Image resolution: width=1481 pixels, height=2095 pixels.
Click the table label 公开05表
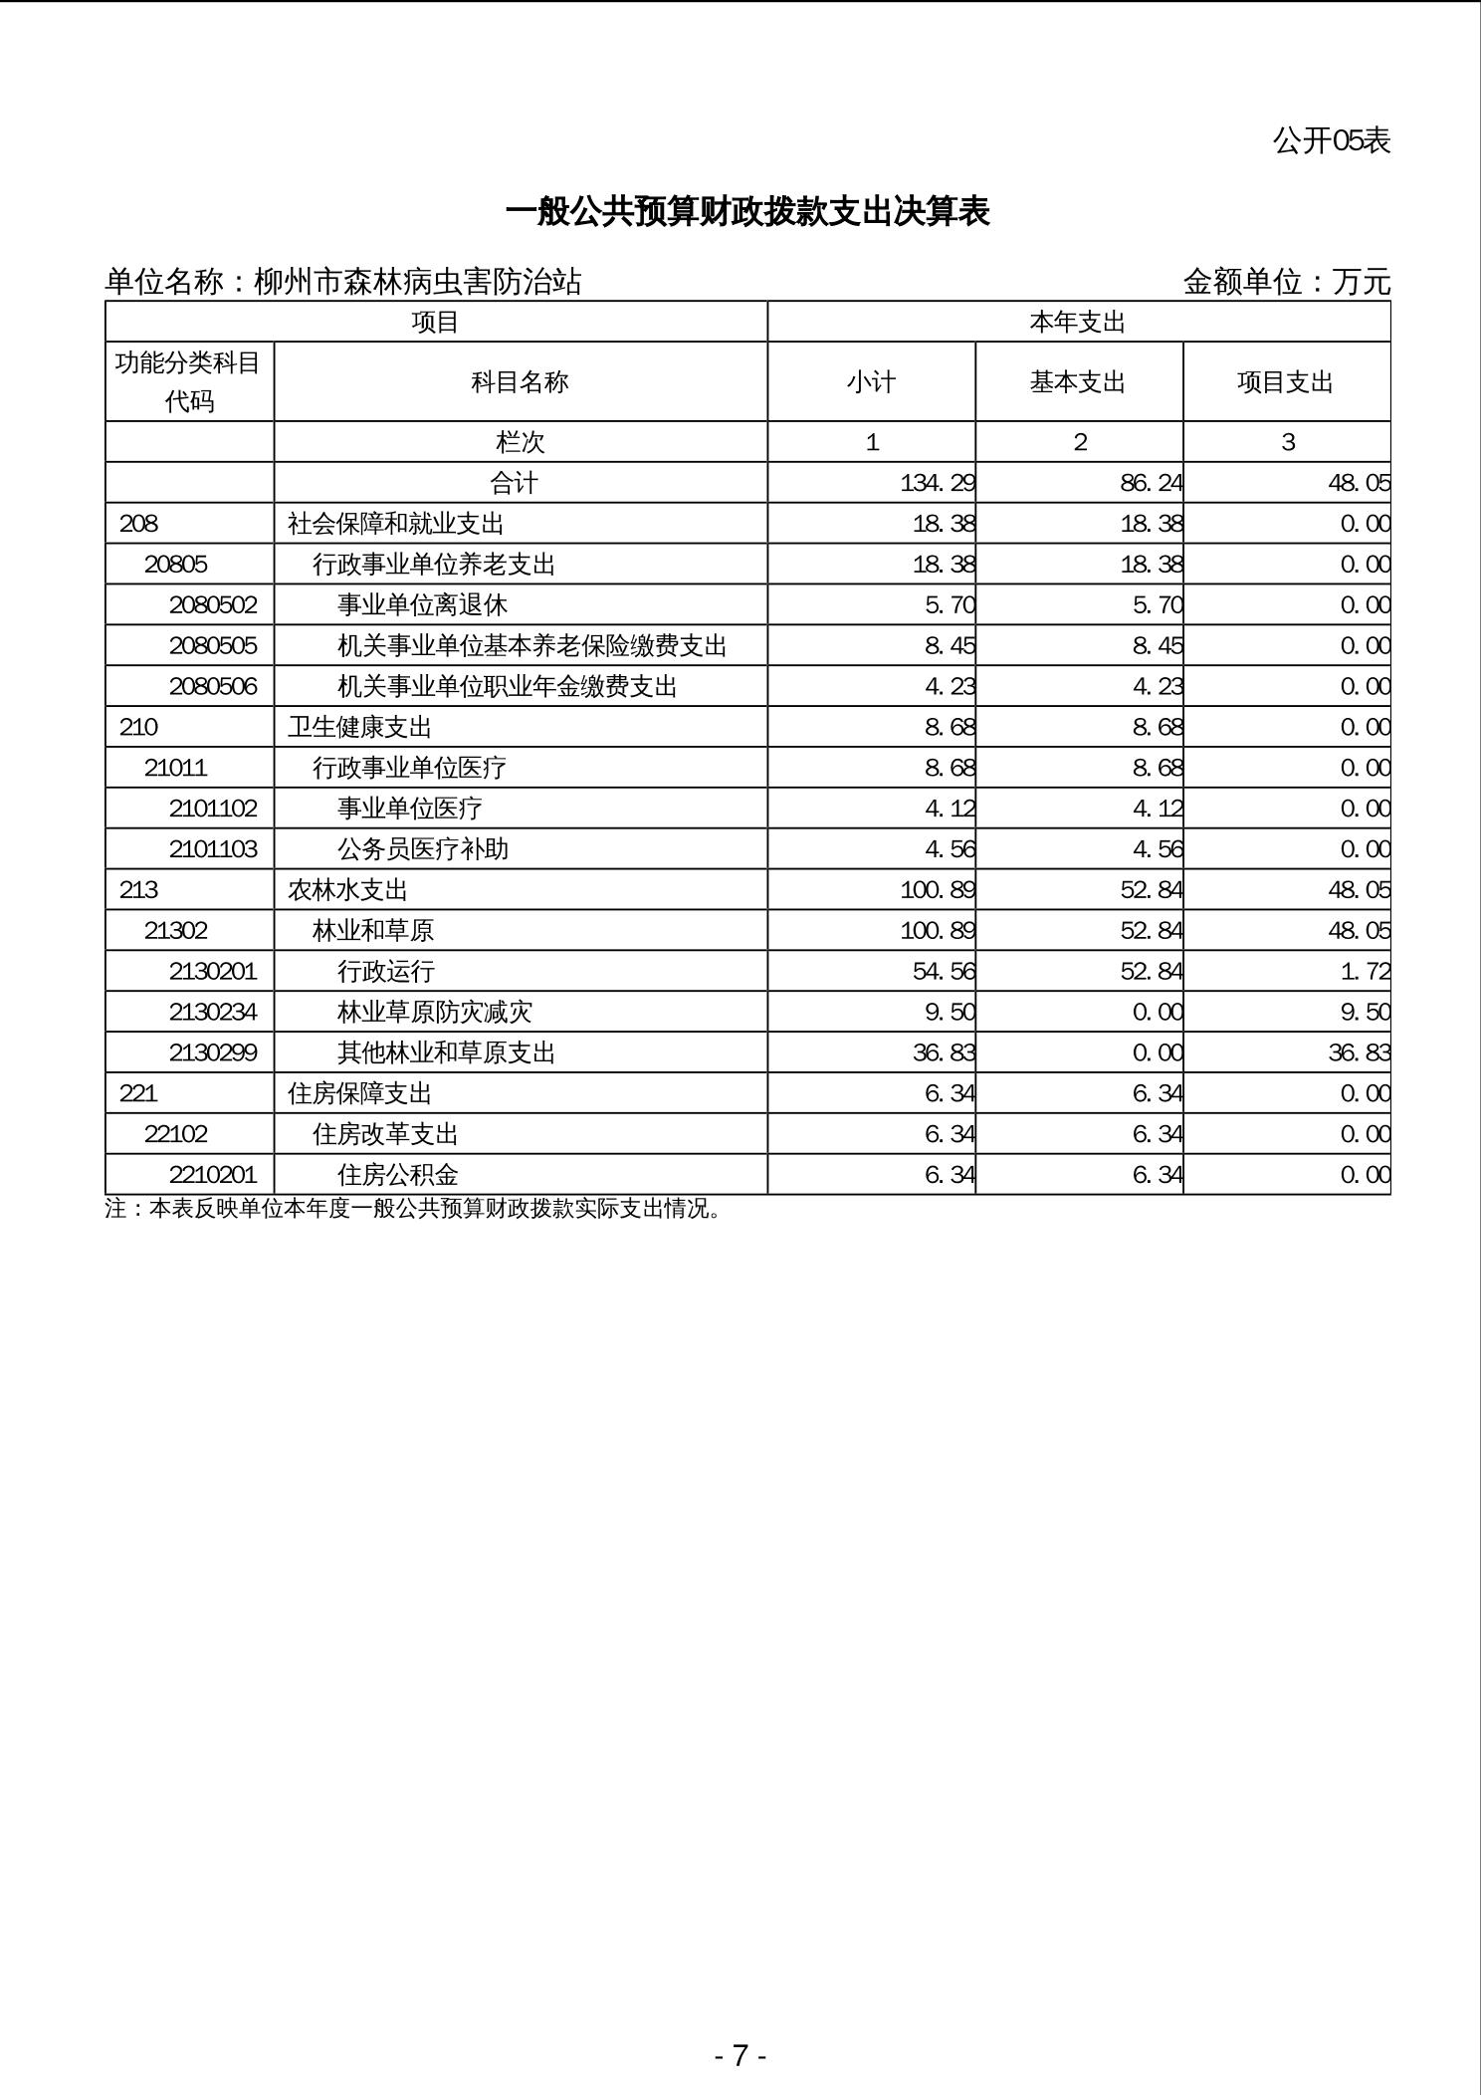pos(1331,140)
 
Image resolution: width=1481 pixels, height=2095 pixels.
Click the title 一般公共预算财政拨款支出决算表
pos(747,212)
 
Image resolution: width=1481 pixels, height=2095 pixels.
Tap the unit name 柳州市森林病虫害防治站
pos(417,282)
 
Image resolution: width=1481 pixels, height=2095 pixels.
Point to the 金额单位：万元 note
pos(1286,282)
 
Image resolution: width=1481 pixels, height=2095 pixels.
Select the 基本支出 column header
pos(1078,382)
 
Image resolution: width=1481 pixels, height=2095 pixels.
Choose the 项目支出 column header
pos(1285,382)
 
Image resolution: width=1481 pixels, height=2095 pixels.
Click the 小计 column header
pos(871,382)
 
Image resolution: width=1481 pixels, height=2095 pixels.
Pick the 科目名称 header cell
pos(520,382)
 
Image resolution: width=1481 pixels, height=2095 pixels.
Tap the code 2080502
pos(213,605)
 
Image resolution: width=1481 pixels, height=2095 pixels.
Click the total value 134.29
pos(937,483)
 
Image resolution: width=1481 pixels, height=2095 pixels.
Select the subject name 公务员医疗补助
pos(423,849)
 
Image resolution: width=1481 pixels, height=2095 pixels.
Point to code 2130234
pos(213,1013)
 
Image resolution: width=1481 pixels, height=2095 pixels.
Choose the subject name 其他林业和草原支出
pos(446,1053)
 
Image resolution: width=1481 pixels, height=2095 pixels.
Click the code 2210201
pos(213,1175)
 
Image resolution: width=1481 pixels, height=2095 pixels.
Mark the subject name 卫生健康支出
pos(359,728)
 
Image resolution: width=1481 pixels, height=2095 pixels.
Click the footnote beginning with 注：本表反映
pos(413,1209)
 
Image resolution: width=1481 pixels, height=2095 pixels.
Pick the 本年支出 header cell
pos(1078,323)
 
